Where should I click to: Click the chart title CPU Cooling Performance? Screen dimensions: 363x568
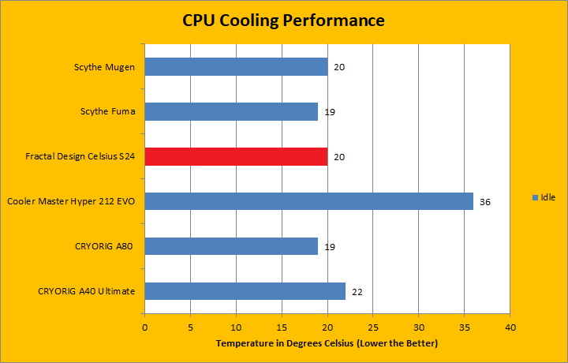tap(283, 20)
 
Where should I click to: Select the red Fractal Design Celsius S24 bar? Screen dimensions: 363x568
tap(236, 156)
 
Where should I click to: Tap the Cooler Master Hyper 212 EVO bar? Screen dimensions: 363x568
tap(308, 201)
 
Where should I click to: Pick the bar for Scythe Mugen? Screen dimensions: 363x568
tap(236, 66)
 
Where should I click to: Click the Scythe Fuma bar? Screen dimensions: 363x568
tap(231, 111)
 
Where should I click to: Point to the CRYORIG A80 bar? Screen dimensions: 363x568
tap(231, 246)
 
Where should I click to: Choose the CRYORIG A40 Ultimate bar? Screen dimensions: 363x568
tap(245, 291)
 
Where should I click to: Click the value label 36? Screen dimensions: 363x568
tap(485, 202)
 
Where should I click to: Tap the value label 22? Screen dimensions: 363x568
tap(357, 292)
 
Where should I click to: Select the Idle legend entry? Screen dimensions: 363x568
tap(544, 196)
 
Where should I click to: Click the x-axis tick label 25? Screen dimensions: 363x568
tap(373, 327)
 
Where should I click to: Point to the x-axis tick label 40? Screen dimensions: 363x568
tap(510, 327)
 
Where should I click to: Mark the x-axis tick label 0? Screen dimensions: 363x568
tap(144, 327)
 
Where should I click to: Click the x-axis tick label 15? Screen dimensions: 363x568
tap(282, 327)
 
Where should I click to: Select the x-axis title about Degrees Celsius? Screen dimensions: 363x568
tap(327, 343)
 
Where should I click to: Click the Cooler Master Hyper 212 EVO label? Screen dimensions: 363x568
tap(71, 202)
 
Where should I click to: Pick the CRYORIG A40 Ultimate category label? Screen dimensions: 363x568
tap(86, 292)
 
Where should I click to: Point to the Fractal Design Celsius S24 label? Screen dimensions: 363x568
tap(80, 157)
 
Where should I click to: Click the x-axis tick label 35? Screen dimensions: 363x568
tap(465, 327)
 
